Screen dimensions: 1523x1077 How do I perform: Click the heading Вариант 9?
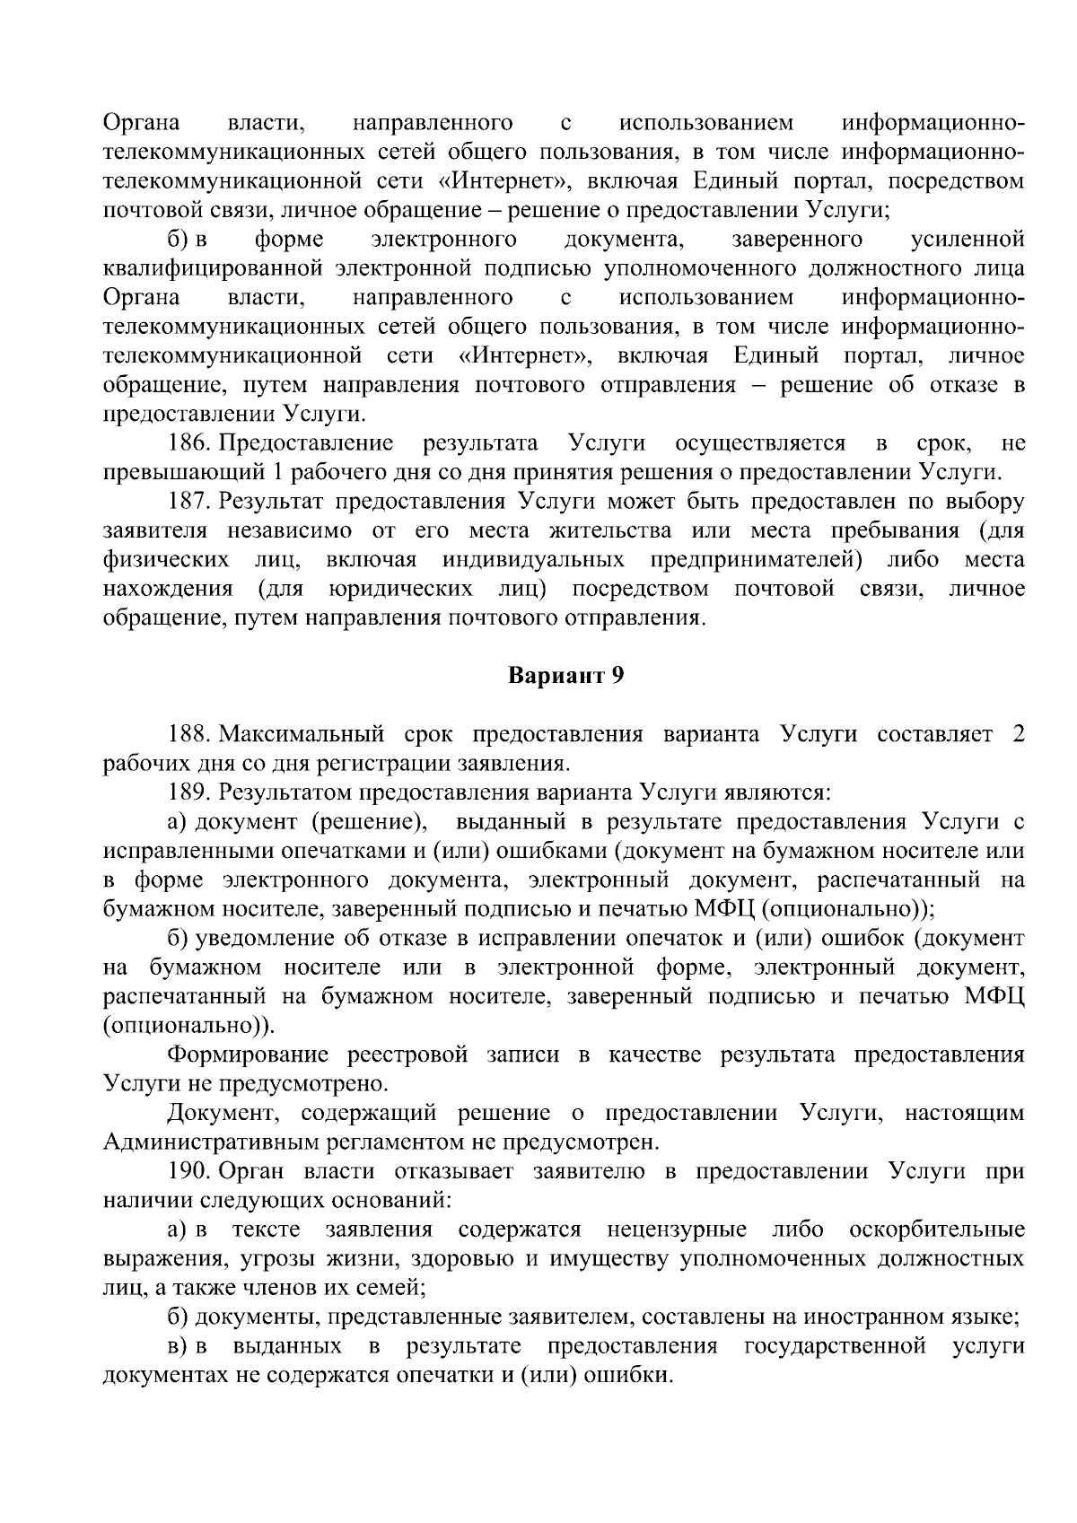click(565, 676)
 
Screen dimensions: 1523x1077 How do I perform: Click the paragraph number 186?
click(189, 443)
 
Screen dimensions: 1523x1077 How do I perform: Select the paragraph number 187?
click(189, 501)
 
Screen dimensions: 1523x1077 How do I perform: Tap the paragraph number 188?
click(189, 734)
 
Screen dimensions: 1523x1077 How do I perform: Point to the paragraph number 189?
click(189, 792)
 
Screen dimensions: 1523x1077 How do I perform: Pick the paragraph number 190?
click(189, 1172)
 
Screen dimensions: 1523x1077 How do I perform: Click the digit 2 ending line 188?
click(1018, 734)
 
